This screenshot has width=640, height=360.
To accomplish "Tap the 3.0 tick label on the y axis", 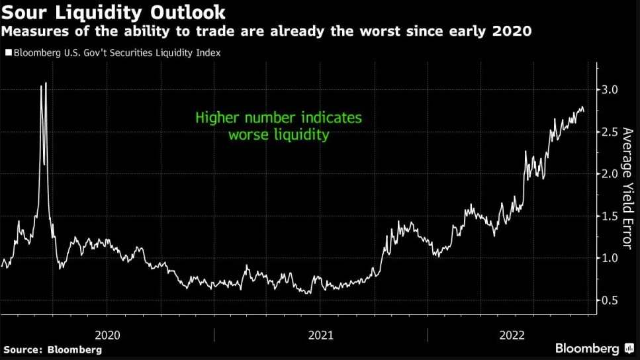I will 610,89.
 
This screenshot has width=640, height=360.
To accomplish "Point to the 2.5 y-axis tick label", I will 610,132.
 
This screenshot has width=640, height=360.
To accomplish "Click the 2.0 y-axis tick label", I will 610,174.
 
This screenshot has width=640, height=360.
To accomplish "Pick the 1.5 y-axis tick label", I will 610,216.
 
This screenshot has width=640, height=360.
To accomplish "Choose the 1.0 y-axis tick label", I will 610,258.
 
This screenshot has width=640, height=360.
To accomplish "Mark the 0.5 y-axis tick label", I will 610,300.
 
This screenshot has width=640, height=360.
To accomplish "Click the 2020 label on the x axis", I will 107,335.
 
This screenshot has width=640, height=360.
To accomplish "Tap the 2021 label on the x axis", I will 320,335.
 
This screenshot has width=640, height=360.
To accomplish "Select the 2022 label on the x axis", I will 512,335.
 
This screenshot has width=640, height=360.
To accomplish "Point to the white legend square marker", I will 8,52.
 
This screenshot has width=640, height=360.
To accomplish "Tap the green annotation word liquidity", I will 304,135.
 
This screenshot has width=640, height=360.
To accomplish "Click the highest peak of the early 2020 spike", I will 46,83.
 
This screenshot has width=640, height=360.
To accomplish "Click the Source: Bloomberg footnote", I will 52,349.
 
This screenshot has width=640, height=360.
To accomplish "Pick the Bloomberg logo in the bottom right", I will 587,348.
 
